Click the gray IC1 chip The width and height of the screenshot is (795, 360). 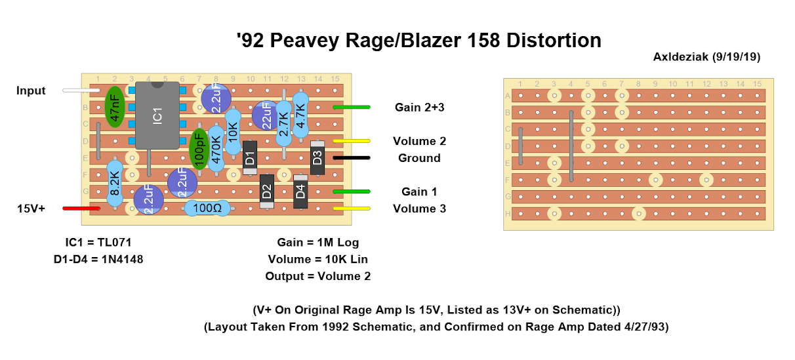point(157,116)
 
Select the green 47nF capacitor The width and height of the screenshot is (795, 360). point(115,108)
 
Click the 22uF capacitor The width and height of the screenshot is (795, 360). point(265,115)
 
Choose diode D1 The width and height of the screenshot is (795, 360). point(249,157)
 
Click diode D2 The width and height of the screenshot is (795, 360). point(266,191)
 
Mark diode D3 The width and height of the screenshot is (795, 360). point(317,157)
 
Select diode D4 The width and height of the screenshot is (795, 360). point(300,191)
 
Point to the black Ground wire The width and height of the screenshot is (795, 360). point(352,158)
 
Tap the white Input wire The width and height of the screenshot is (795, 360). point(80,90)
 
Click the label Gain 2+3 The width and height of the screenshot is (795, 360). point(419,108)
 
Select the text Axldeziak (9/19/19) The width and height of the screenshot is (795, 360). point(706,57)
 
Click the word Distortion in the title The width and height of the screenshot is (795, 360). point(553,41)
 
